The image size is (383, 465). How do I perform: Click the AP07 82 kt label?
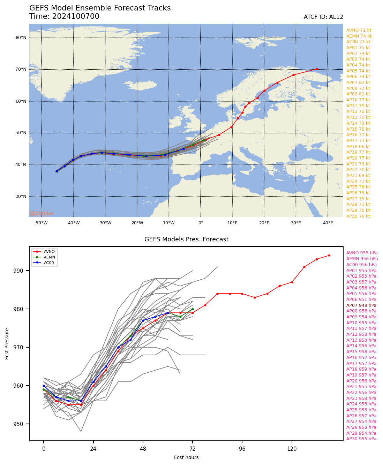click(x=358, y=83)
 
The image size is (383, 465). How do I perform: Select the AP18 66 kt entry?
click(x=358, y=147)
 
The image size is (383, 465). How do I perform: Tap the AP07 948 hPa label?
click(x=361, y=305)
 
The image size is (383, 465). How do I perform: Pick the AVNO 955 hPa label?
click(x=362, y=253)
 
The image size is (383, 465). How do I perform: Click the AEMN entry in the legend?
click(x=49, y=257)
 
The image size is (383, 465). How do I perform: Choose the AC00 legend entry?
click(x=49, y=263)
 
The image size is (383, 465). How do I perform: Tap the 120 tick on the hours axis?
click(x=292, y=449)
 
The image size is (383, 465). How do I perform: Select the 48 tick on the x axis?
click(x=143, y=449)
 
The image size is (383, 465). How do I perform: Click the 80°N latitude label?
click(x=21, y=38)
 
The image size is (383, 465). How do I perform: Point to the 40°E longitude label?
click(x=328, y=223)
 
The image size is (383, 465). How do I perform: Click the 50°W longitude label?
click(x=42, y=223)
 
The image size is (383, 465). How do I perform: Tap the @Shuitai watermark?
click(x=42, y=213)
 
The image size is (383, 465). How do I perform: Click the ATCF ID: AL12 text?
click(x=323, y=17)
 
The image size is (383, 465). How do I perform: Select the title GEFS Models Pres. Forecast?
click(x=186, y=240)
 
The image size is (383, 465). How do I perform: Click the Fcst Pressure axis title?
click(x=7, y=343)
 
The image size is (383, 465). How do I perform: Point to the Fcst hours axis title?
click(x=186, y=457)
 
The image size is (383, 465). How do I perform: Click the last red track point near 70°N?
click(x=317, y=69)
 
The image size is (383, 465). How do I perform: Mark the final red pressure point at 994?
click(x=329, y=255)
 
